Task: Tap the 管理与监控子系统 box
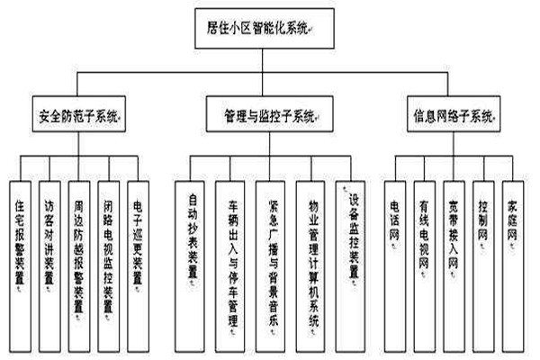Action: (x=269, y=115)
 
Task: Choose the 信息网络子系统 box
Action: (x=454, y=115)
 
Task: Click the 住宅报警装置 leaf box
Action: (x=22, y=248)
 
